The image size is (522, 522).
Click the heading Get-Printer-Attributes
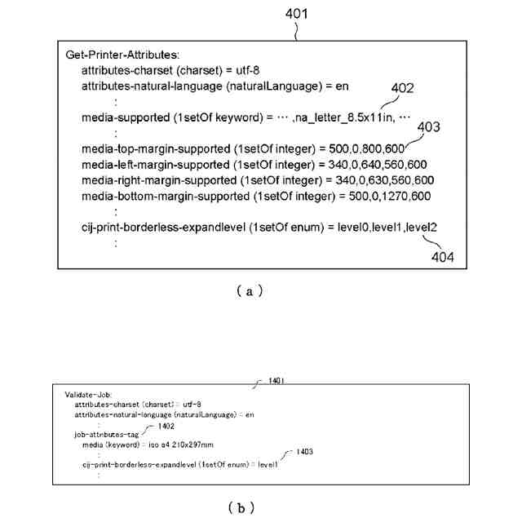115,55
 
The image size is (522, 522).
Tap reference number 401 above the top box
298,14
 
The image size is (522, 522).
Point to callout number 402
403,89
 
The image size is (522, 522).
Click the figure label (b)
236,507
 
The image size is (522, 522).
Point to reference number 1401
272,380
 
